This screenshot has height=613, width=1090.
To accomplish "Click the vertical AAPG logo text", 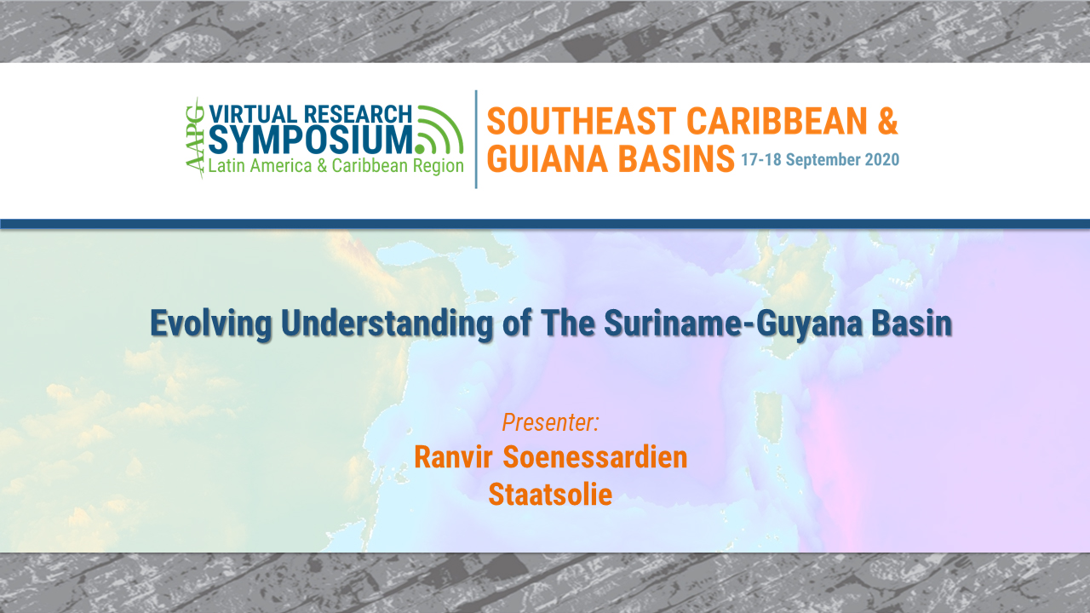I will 195,138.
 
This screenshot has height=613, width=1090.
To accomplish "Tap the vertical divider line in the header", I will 476,139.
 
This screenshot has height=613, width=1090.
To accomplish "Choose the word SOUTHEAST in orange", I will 581,122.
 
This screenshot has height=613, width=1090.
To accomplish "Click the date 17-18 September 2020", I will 819,160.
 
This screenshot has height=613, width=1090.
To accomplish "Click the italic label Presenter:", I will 551,421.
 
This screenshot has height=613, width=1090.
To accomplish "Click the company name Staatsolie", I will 550,494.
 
